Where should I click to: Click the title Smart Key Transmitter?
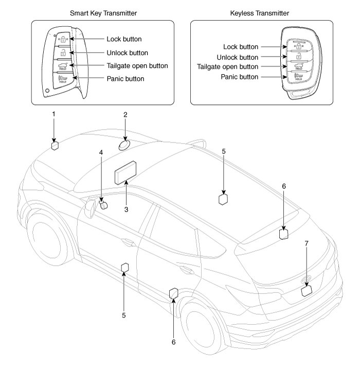(102, 11)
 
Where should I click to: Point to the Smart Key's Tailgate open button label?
(137, 66)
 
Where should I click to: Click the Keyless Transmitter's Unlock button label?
(238, 57)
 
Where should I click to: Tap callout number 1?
(53, 113)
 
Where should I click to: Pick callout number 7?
(307, 242)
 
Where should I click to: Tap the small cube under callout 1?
(55, 146)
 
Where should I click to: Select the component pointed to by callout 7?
(307, 290)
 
